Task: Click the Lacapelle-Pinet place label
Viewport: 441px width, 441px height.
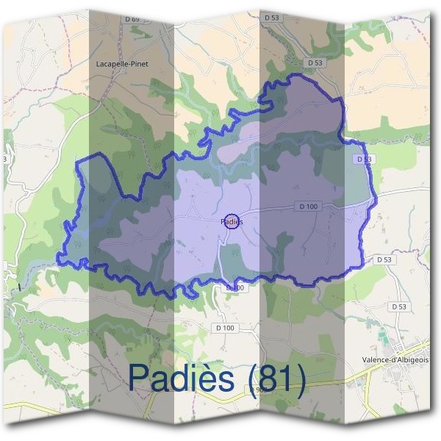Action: [122, 64]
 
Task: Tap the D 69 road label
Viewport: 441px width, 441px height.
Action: [132, 18]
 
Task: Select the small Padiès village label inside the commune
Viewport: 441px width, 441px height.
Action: [230, 220]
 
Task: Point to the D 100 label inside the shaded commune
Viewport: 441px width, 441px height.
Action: [309, 207]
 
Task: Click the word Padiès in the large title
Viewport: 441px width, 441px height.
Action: [184, 377]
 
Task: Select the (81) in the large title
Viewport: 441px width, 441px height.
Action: [277, 378]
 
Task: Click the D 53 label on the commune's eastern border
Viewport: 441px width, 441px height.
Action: [365, 159]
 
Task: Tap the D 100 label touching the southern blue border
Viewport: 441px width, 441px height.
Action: [235, 287]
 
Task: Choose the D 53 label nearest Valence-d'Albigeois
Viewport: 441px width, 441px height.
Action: [399, 306]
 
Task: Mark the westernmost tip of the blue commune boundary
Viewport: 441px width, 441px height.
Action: [59, 259]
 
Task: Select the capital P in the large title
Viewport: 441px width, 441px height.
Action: [140, 377]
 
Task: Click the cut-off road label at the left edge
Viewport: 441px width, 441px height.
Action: [4, 159]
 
